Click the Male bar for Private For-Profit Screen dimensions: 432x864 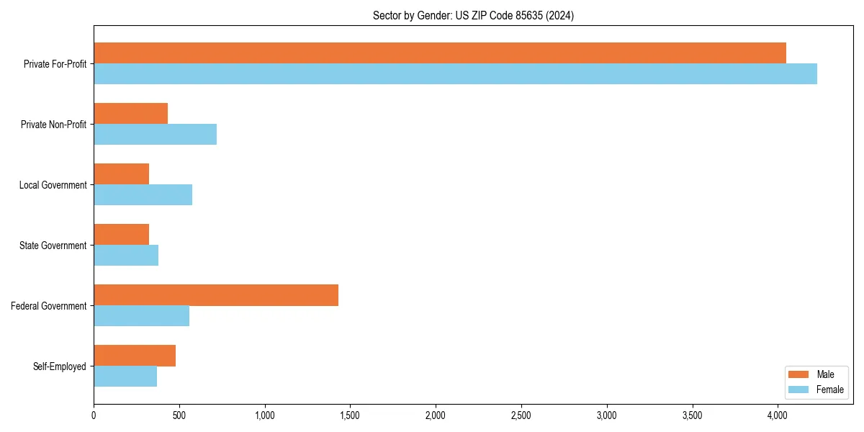tap(439, 53)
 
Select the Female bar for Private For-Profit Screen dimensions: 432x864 tap(455, 73)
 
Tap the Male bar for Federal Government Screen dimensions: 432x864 tap(216, 294)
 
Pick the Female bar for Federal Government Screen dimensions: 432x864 tap(141, 315)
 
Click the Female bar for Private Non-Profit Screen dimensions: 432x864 tap(155, 134)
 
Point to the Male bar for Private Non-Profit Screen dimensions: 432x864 tap(130, 113)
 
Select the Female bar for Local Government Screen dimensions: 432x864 tap(143, 194)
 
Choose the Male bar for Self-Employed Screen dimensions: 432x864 tap(135, 355)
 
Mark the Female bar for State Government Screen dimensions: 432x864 tap(126, 255)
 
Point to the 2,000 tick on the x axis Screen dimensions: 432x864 tap(436, 415)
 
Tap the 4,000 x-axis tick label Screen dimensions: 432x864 tap(778, 415)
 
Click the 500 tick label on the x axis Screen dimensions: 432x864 tap(179, 415)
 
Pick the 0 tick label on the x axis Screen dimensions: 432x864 tap(94, 415)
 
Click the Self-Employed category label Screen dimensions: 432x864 tap(60, 366)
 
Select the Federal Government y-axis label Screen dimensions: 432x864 tap(49, 306)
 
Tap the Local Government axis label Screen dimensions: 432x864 tap(53, 185)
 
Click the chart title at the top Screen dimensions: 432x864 tap(473, 15)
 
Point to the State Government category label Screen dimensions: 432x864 tap(53, 246)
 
